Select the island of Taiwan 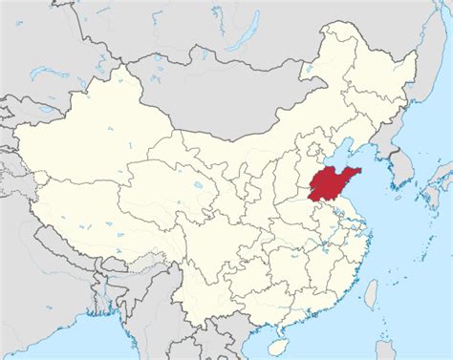point(371,292)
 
